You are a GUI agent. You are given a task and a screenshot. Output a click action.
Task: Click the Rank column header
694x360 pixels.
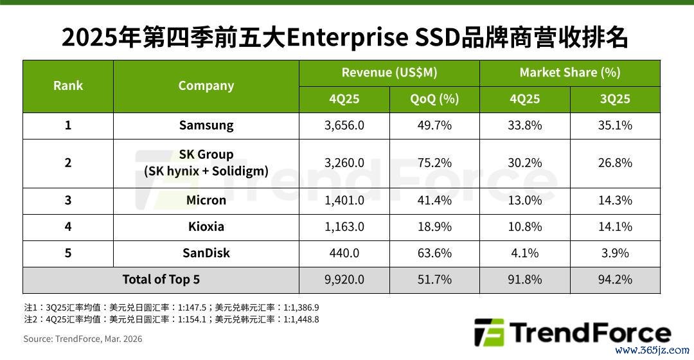click(67, 85)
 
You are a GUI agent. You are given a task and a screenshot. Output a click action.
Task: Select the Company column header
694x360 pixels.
click(206, 86)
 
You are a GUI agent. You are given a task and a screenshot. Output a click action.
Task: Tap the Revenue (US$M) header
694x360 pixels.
click(389, 73)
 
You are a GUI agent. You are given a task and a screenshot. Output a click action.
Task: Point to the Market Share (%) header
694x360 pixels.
click(570, 73)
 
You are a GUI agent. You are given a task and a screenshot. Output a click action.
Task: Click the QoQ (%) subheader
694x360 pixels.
click(434, 99)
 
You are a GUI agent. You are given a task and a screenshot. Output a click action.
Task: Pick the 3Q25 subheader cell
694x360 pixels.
click(615, 99)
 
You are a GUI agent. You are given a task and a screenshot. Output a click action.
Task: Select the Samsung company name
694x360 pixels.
click(206, 125)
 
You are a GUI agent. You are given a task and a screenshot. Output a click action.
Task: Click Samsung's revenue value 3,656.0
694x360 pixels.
click(344, 125)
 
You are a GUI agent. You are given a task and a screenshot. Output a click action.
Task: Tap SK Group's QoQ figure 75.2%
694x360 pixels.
click(434, 163)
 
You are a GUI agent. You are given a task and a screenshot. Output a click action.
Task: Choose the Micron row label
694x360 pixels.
click(206, 200)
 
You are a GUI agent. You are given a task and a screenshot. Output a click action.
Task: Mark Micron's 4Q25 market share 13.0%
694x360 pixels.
click(525, 200)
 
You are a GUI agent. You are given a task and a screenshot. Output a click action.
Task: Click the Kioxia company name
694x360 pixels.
click(206, 227)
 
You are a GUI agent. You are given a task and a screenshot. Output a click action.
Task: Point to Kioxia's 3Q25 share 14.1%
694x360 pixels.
click(615, 227)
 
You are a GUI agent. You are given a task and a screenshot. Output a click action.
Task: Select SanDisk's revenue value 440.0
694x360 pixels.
click(344, 253)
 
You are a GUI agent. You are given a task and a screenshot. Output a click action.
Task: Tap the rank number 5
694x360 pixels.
click(67, 253)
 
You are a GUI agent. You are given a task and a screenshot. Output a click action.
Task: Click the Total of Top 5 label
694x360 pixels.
click(161, 280)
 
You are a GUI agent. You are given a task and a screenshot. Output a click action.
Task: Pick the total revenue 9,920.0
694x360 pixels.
click(344, 280)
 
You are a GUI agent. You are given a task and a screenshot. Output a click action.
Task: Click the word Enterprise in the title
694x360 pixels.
click(348, 38)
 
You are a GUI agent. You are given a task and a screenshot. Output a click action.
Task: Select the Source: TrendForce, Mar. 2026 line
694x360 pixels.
click(83, 339)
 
